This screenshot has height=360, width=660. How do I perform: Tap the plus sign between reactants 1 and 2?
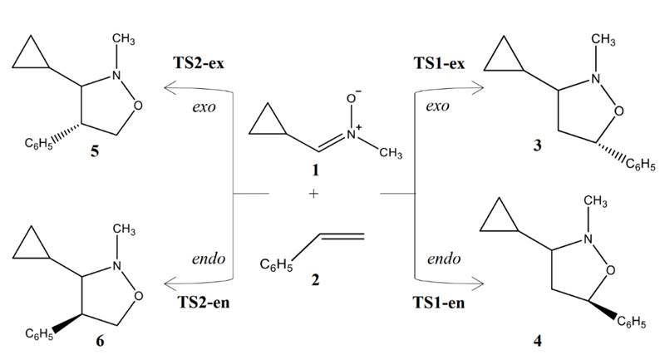[313, 195]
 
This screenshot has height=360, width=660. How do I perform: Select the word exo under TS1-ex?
[437, 107]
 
